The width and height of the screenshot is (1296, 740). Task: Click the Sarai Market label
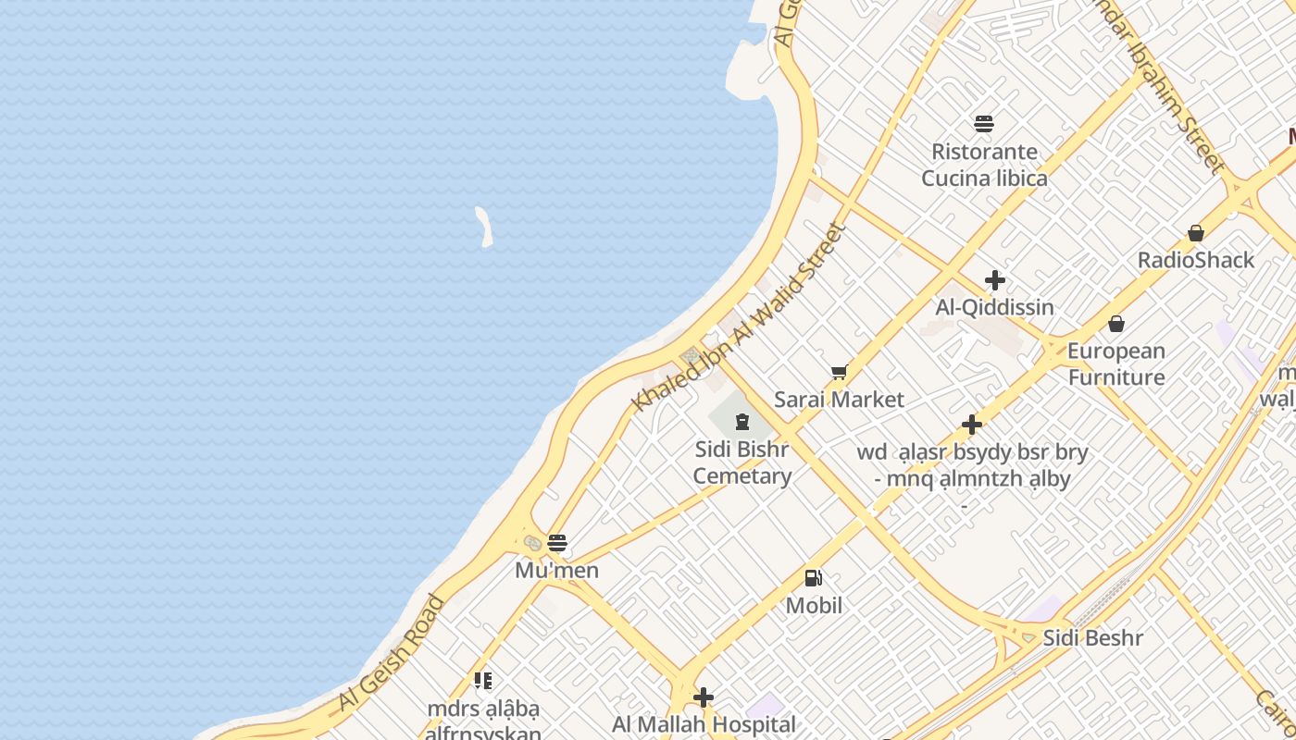coord(839,400)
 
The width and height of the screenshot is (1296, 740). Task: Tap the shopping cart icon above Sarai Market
coord(839,373)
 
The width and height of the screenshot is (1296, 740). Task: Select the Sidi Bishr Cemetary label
coord(742,462)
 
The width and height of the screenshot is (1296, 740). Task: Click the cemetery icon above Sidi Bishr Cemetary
coord(741,423)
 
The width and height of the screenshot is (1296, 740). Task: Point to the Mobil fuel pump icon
coord(813,578)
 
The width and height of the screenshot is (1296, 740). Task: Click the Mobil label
coord(814,606)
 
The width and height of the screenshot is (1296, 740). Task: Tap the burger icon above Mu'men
coord(557,543)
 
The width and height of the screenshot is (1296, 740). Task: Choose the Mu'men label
coord(557,571)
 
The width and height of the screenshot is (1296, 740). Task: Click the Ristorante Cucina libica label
coord(984,165)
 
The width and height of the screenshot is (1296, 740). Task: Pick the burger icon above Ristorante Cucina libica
coord(984,124)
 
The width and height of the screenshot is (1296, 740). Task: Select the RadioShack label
coord(1196,260)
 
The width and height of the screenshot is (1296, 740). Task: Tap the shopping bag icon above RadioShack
coord(1196,233)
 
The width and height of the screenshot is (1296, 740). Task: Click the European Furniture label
coord(1116,364)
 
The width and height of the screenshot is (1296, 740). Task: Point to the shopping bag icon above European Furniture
coord(1116,324)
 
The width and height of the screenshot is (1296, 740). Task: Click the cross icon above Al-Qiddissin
coord(995,280)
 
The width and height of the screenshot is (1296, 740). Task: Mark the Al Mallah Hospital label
coord(704,724)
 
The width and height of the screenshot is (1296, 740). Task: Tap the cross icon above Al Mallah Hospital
coord(704,697)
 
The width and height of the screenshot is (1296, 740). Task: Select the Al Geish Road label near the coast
coord(392,652)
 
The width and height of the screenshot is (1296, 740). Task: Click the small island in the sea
coord(483,227)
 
